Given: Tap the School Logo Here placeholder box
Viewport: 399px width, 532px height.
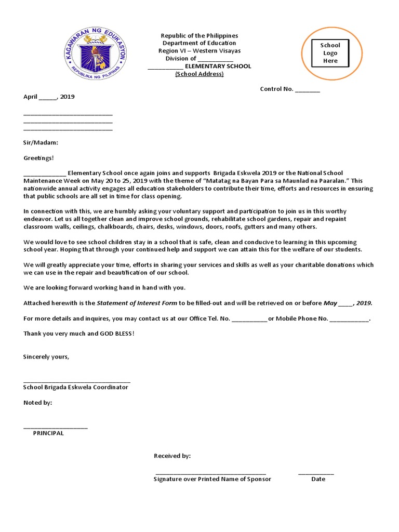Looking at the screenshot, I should click(x=330, y=53).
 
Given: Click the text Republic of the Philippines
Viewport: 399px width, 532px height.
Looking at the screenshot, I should click(x=199, y=35).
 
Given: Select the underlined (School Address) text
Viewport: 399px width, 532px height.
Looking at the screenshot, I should click(x=199, y=74).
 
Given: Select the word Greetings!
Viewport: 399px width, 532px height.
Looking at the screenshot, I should click(x=38, y=157).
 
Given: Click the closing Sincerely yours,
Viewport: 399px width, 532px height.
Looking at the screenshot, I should click(x=46, y=356).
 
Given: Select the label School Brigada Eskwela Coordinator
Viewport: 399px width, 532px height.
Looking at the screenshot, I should click(x=76, y=387).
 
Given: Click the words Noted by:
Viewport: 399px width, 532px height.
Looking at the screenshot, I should click(x=38, y=403).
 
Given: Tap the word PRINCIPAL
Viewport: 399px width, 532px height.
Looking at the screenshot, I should click(x=48, y=433).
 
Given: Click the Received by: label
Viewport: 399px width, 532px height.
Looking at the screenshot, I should click(x=172, y=456).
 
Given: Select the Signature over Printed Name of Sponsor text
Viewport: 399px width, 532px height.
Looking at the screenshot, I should click(x=212, y=479).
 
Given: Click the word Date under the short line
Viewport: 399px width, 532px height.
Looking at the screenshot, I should click(x=318, y=479).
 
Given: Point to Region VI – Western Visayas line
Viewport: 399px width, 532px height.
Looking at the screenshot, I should click(x=199, y=51).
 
